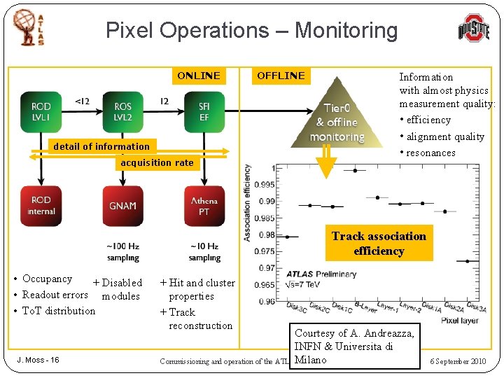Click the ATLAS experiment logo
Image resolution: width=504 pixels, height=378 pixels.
tap(29, 28)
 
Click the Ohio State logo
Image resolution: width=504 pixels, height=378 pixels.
tap(473, 30)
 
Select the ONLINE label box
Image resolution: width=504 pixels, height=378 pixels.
tap(199, 76)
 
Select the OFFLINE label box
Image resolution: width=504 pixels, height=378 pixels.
tap(281, 76)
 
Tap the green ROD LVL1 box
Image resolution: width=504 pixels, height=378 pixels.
tap(41, 111)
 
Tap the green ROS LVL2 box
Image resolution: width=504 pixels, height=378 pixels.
tap(122, 111)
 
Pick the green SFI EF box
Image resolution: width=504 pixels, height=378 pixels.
tap(204, 111)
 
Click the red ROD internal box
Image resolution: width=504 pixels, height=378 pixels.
tap(41, 206)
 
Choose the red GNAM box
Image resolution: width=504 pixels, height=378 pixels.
tap(122, 206)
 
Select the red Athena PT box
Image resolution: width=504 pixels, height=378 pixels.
tap(204, 206)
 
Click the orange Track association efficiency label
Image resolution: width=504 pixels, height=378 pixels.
tap(379, 244)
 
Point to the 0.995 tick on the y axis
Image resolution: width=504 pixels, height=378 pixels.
tap(265, 185)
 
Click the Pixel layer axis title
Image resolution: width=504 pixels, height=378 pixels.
tap(460, 321)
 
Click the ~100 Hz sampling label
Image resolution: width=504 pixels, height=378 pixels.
tap(122, 252)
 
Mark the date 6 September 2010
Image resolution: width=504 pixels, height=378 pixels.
tap(458, 361)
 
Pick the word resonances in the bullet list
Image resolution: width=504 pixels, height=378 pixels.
tap(430, 153)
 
